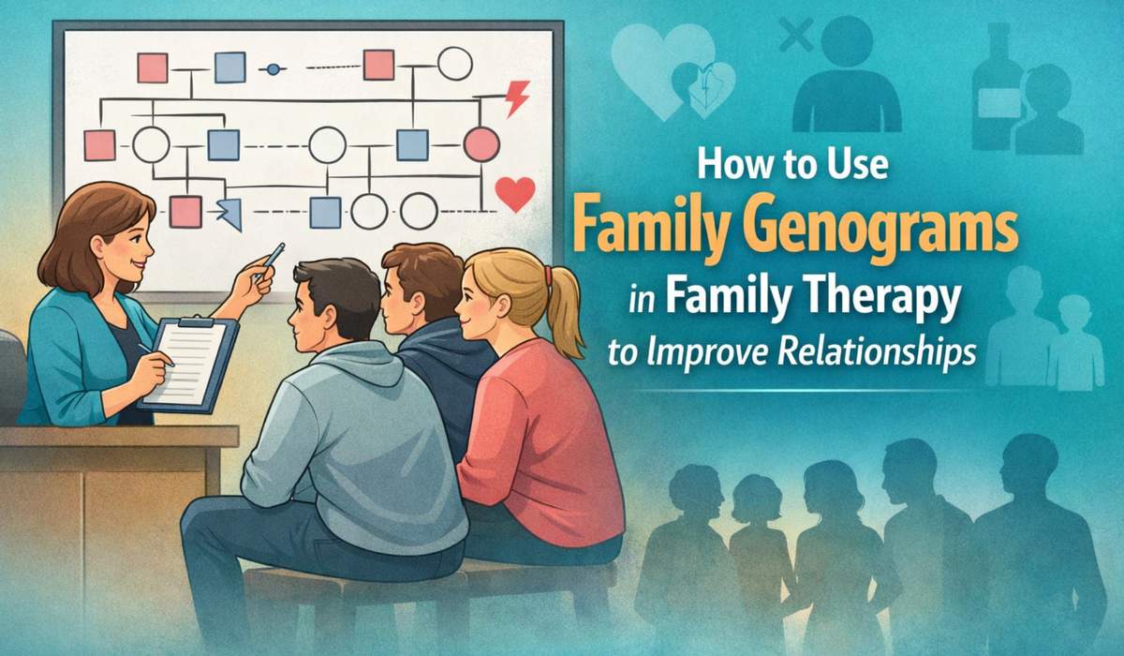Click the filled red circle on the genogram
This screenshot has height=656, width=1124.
pyautogui.click(x=481, y=143)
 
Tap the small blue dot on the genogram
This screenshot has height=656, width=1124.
pyautogui.click(x=274, y=68)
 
